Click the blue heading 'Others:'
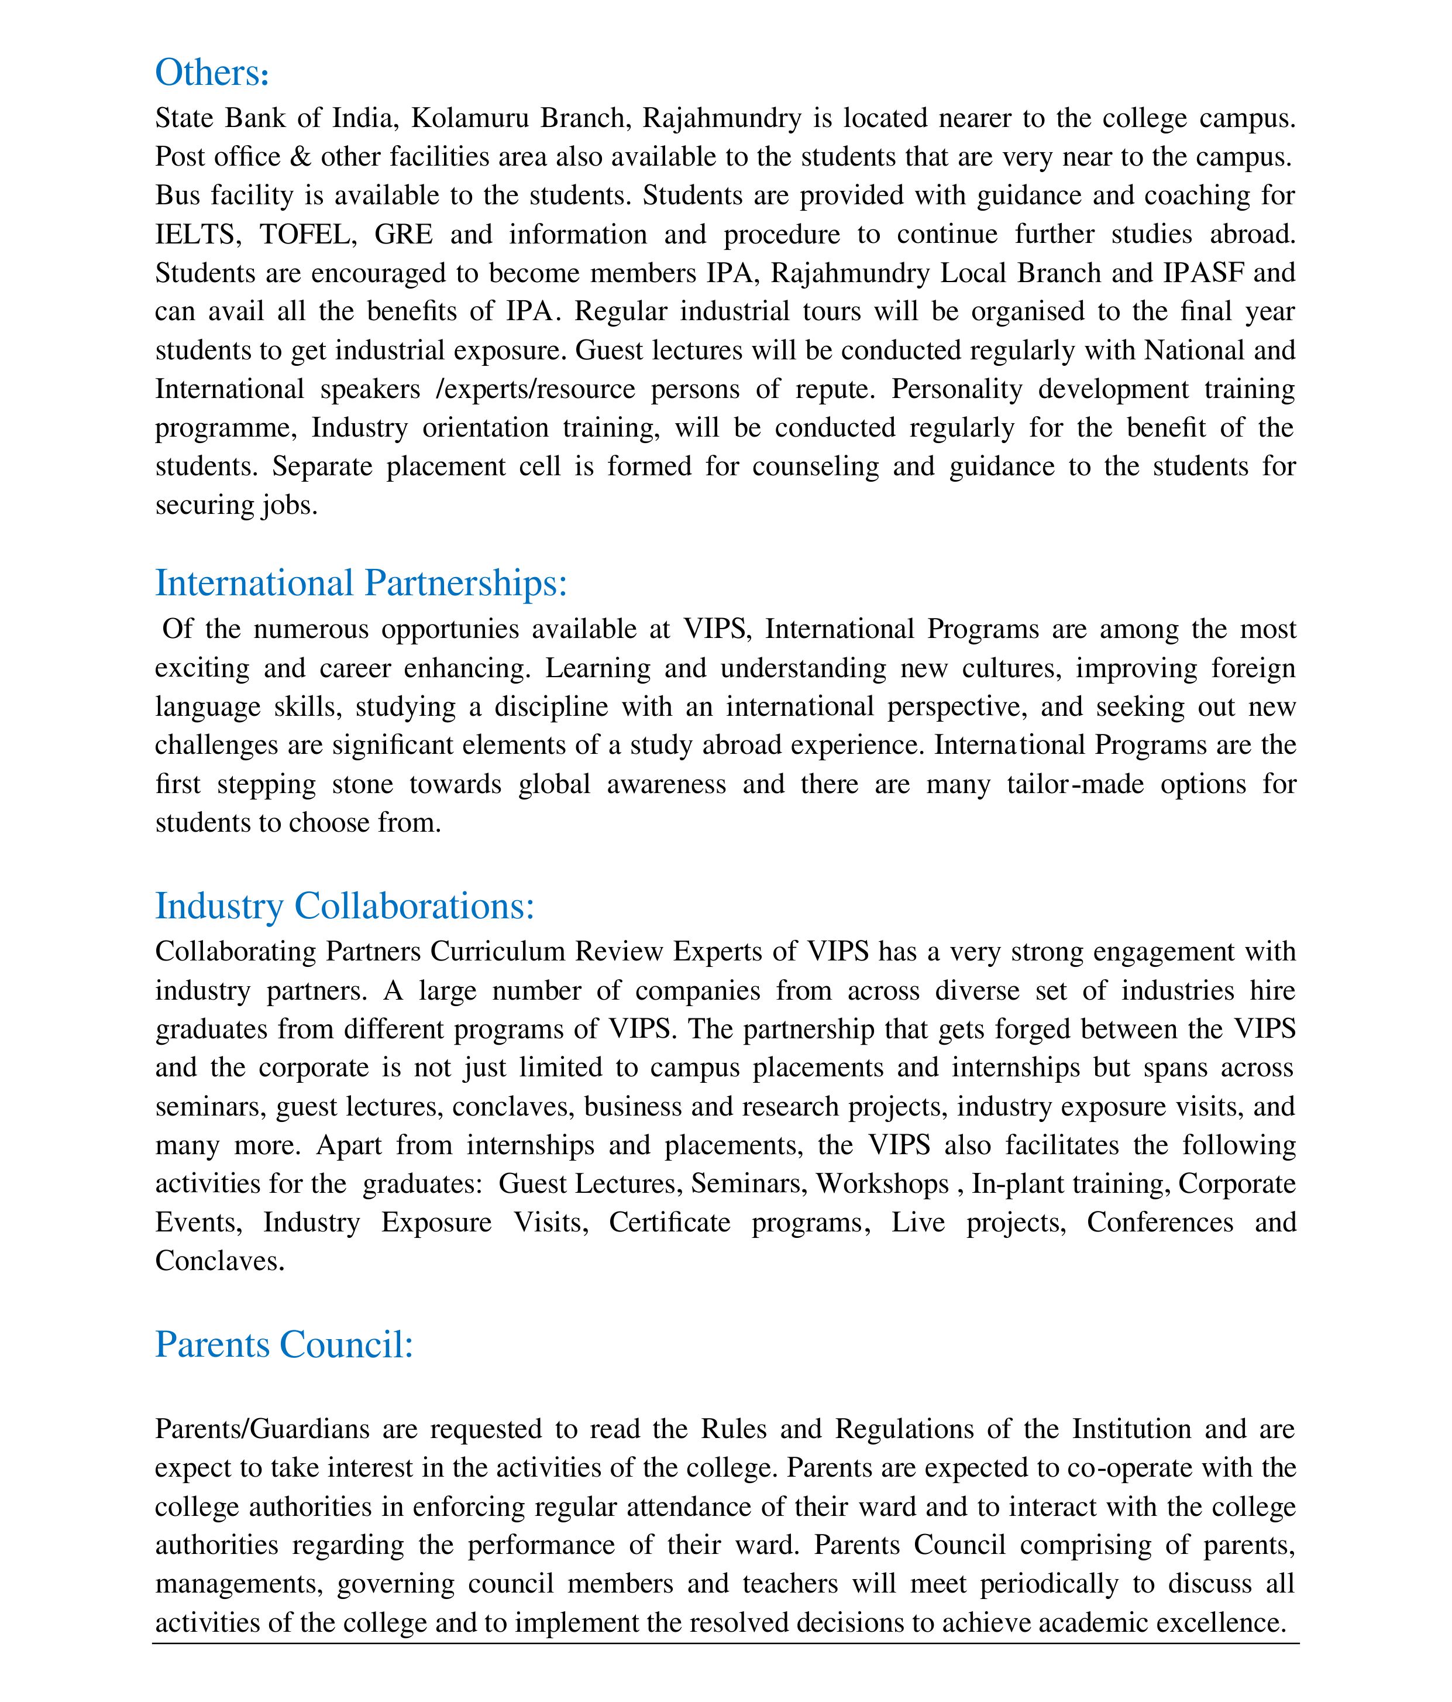pos(212,73)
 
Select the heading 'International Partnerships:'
pos(362,583)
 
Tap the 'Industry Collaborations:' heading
pos(345,906)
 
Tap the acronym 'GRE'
pos(403,234)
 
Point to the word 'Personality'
pos(956,389)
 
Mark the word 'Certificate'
pos(669,1222)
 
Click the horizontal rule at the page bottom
pos(725,1643)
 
